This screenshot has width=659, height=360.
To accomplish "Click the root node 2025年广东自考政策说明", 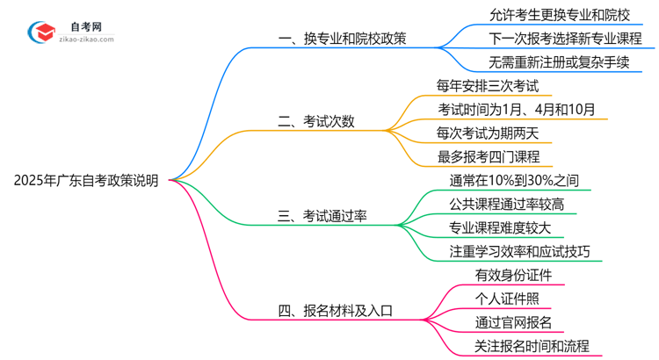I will click(86, 181).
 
